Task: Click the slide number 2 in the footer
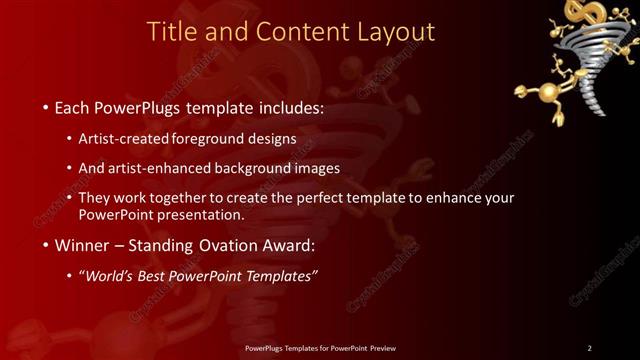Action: click(x=589, y=347)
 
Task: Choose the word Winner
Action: click(x=81, y=245)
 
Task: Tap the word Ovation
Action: click(x=229, y=245)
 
